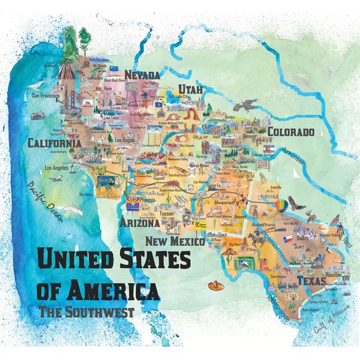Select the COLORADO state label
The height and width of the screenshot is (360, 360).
pyautogui.click(x=290, y=131)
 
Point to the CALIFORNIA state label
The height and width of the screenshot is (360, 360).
pyautogui.click(x=54, y=143)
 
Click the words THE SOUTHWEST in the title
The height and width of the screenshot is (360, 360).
pyautogui.click(x=86, y=311)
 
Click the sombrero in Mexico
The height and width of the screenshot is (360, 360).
pyautogui.click(x=215, y=286)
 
